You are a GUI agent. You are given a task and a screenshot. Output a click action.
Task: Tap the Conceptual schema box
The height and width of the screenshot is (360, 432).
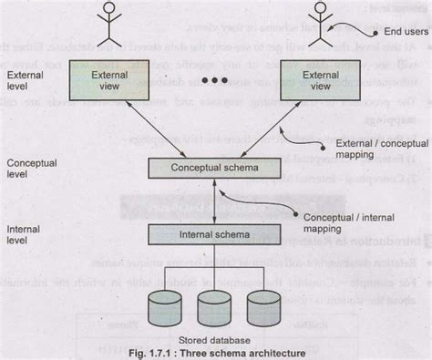point(213,170)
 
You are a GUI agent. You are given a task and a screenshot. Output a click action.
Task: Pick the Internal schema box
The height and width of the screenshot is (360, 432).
point(212,235)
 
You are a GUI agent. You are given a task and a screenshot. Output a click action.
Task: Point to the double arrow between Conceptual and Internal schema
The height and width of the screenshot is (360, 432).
point(212,202)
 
